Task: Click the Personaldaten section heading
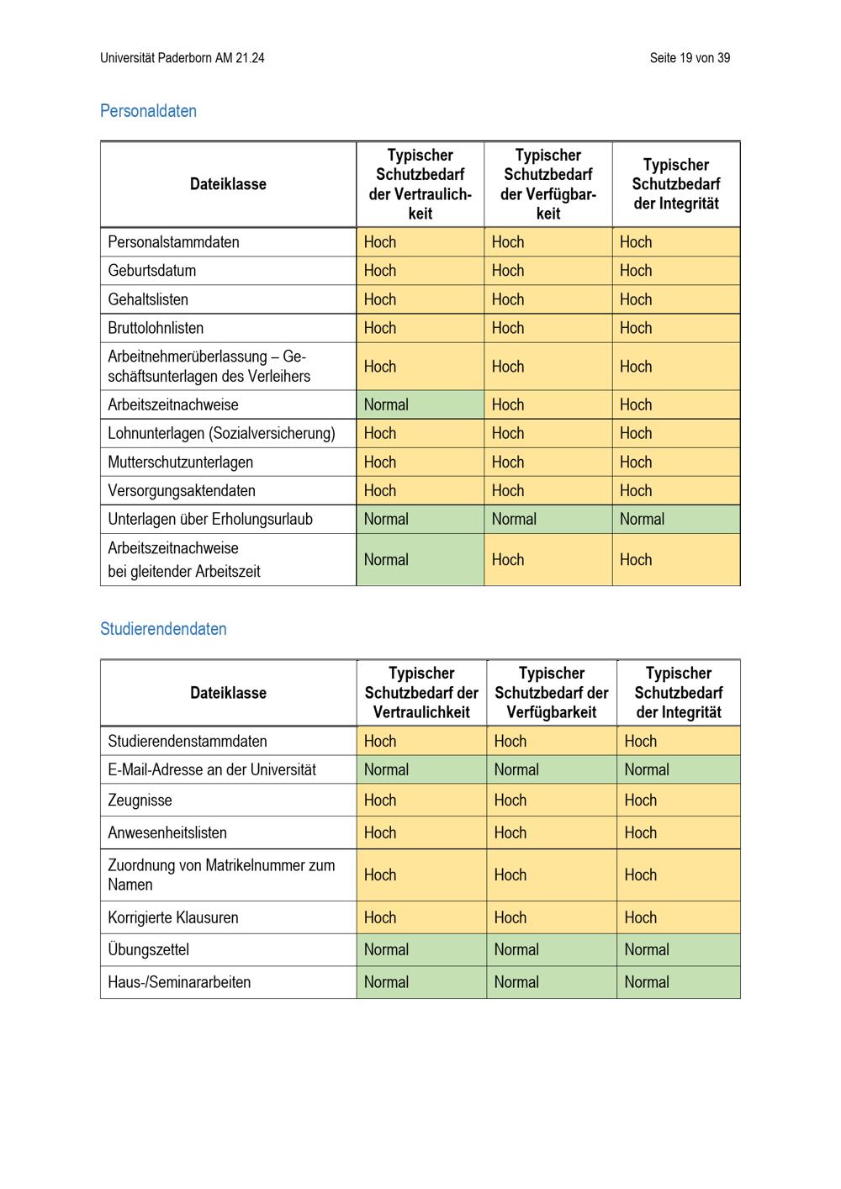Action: pyautogui.click(x=148, y=111)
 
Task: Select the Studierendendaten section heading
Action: pyautogui.click(x=163, y=629)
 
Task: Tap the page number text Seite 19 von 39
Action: pyautogui.click(x=690, y=58)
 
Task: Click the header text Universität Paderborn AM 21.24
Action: pyautogui.click(x=182, y=58)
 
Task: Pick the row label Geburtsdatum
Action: pyautogui.click(x=151, y=271)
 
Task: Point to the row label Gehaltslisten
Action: pyautogui.click(x=148, y=299)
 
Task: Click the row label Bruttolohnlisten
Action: pyautogui.click(x=156, y=328)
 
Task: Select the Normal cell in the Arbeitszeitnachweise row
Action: pyautogui.click(x=386, y=404)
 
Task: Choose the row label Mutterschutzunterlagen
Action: pyautogui.click(x=180, y=462)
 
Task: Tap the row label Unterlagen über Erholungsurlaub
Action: pyautogui.click(x=210, y=519)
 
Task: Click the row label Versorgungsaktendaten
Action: pyautogui.click(x=182, y=491)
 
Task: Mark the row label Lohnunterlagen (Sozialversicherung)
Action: pyautogui.click(x=221, y=433)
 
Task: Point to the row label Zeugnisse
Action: pyautogui.click(x=140, y=801)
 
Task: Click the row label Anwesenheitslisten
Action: pyautogui.click(x=167, y=833)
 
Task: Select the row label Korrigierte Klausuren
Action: pyautogui.click(x=173, y=918)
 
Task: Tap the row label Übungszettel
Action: pyautogui.click(x=148, y=950)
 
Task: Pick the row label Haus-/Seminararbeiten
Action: pyautogui.click(x=179, y=982)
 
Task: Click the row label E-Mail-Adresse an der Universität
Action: pyautogui.click(x=212, y=769)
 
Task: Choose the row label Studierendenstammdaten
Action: pyautogui.click(x=188, y=742)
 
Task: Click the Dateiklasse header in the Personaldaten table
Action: pyautogui.click(x=228, y=184)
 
